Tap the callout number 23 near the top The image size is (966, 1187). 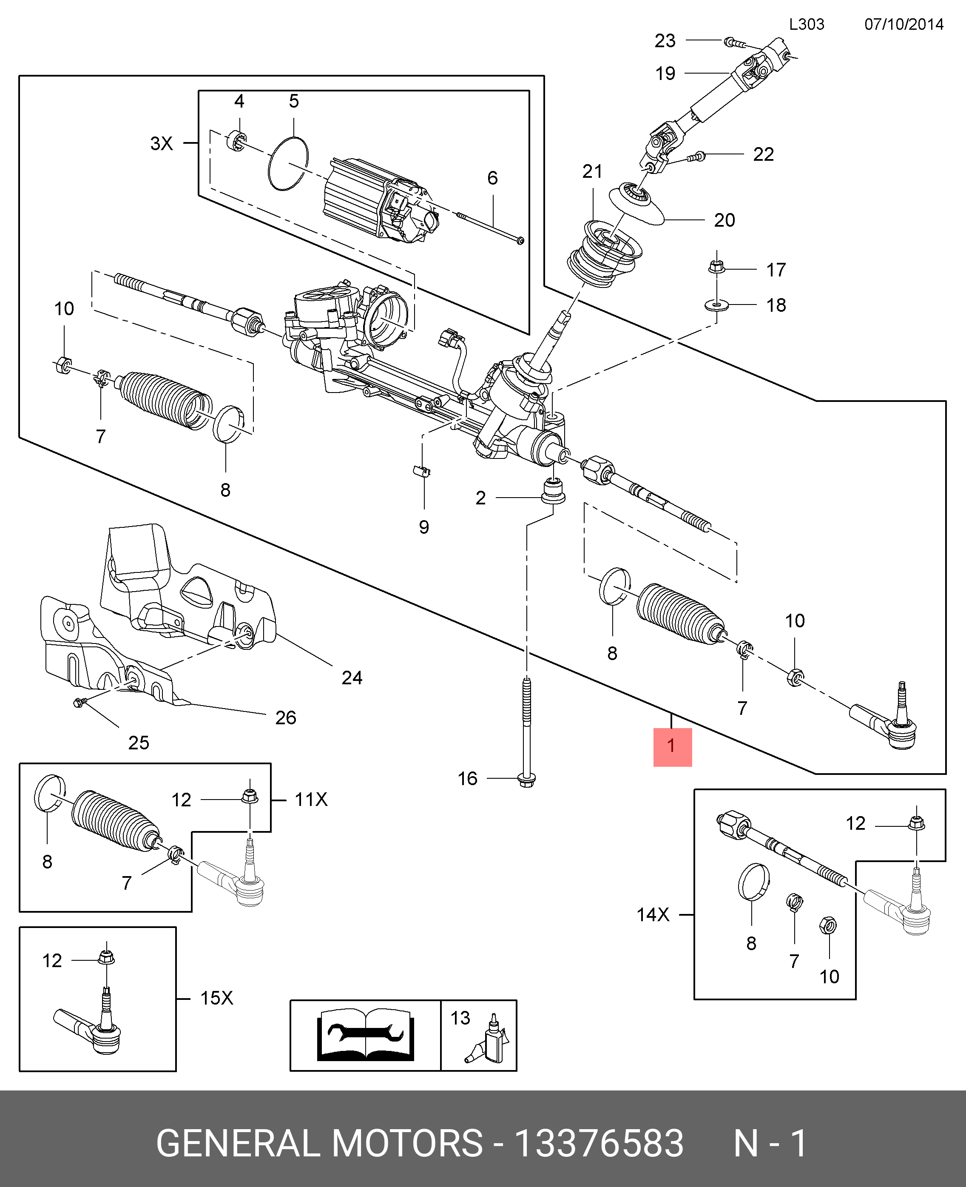(665, 41)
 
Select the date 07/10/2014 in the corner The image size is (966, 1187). (903, 25)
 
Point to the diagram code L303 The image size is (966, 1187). (806, 25)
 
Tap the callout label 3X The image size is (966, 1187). (162, 144)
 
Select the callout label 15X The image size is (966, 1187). (216, 998)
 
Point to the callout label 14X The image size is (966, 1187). (653, 914)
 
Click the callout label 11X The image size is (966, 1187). (310, 800)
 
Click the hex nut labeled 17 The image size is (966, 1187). (716, 268)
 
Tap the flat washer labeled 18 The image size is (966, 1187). (717, 305)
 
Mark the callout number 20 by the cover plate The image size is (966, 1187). (724, 220)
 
